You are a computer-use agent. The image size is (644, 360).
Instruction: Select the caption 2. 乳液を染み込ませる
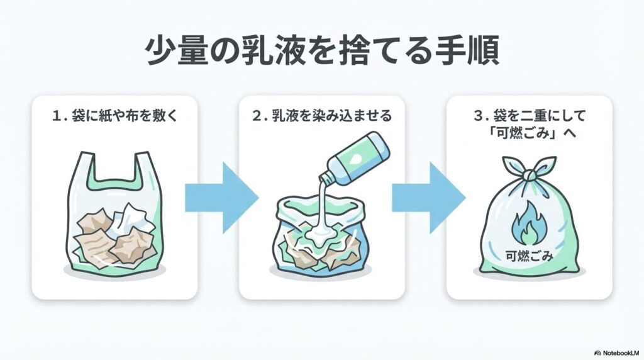(321, 116)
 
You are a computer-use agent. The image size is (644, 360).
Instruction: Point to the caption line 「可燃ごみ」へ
(529, 135)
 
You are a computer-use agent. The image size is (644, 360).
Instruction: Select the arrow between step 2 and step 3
(428, 198)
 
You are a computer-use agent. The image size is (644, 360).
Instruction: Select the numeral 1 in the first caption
(57, 116)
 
